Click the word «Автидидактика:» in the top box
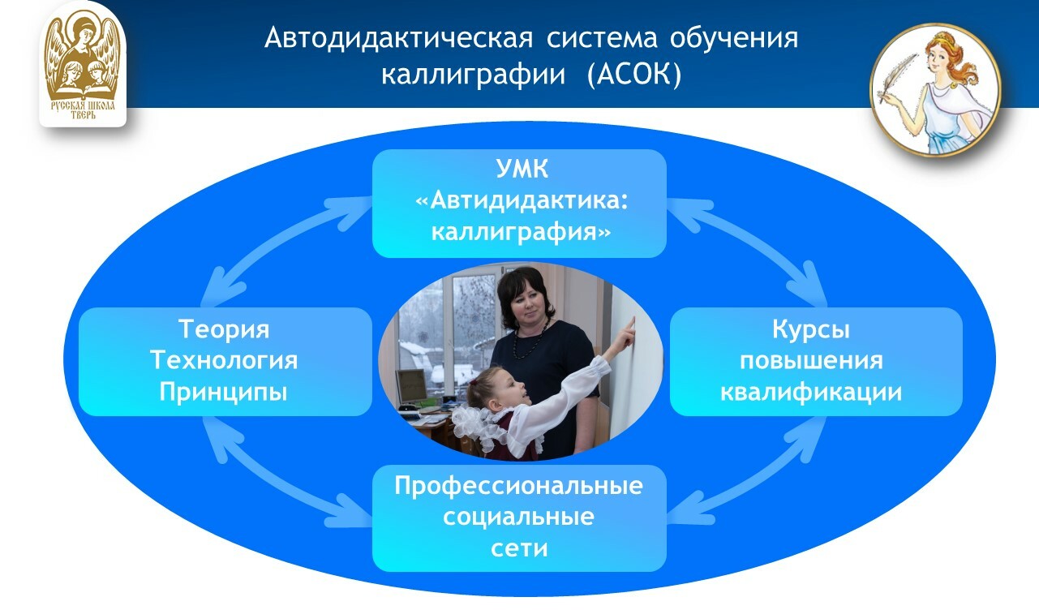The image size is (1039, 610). [x=520, y=202]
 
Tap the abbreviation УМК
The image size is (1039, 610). [x=520, y=170]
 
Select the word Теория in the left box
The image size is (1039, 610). [x=224, y=329]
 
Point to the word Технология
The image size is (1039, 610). [x=224, y=360]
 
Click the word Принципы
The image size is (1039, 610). [x=224, y=392]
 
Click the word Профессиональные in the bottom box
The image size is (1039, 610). [x=519, y=487]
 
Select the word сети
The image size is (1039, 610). [x=519, y=548]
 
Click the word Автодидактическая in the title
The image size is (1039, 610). [x=397, y=38]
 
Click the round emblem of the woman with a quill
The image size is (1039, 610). [x=935, y=89]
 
